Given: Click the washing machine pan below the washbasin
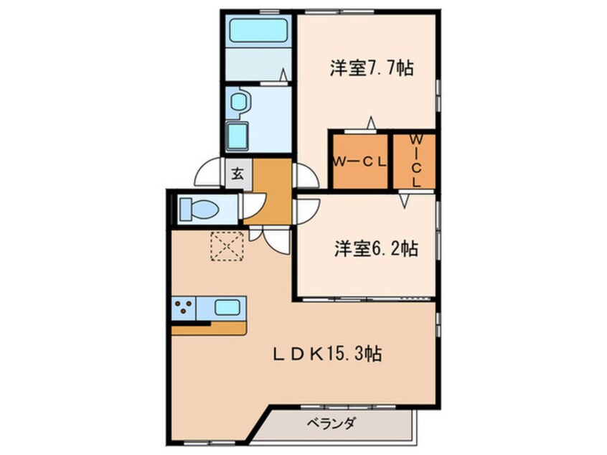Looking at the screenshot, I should point(237,133).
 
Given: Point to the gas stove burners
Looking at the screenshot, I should point(184,309).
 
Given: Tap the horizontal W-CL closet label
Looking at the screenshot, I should point(359,161).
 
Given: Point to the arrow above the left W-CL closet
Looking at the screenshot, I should point(371,121).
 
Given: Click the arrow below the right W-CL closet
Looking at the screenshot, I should point(405,201).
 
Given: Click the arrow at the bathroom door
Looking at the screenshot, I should point(284,74).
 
